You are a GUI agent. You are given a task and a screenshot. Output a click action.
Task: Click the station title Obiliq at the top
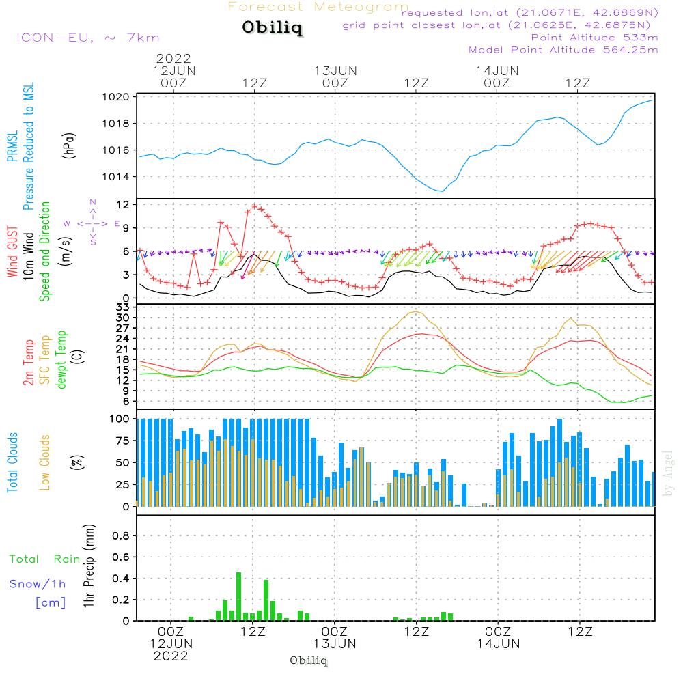point(271,29)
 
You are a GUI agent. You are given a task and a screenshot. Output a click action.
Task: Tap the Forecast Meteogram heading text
point(318,7)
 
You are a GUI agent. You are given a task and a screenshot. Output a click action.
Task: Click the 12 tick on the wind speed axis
point(124,205)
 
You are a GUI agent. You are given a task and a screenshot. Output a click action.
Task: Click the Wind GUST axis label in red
point(12,253)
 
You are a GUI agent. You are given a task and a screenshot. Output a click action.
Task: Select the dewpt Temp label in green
point(61,359)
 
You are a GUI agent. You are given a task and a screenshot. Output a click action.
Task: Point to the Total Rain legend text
point(45,559)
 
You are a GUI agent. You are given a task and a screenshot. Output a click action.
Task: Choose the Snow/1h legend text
point(38,585)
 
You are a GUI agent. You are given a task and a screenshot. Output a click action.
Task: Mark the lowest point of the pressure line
point(442,191)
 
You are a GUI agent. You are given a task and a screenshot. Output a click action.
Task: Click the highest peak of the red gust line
point(254,206)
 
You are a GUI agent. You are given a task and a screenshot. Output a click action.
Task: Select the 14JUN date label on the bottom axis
point(498,644)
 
